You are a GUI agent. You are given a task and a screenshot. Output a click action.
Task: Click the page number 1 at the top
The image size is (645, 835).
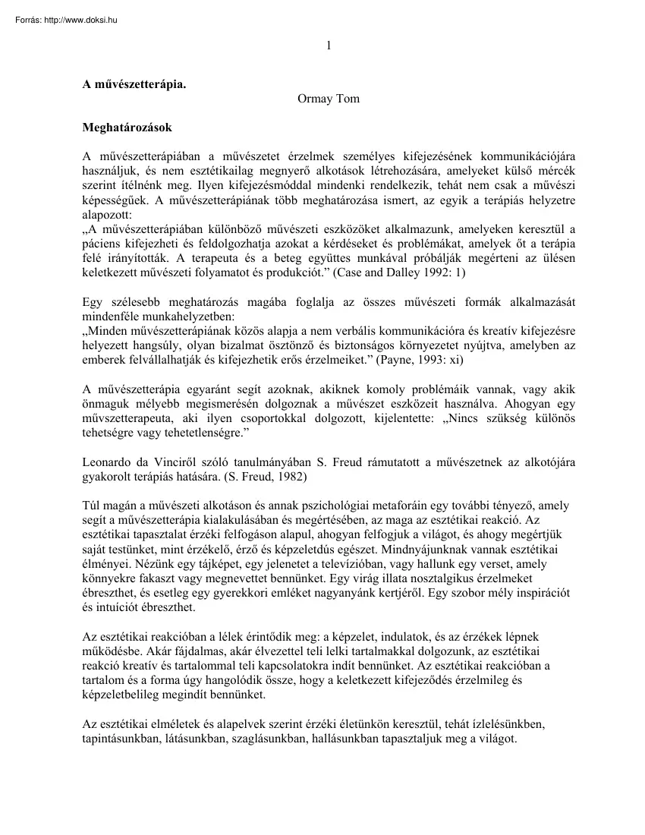coord(328,45)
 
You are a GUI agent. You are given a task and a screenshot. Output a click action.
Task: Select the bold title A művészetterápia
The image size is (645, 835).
coord(134,85)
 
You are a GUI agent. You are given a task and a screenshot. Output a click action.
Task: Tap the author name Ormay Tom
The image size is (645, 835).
coord(328,99)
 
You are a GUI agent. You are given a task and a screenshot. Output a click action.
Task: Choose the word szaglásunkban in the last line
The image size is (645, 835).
coord(270,736)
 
